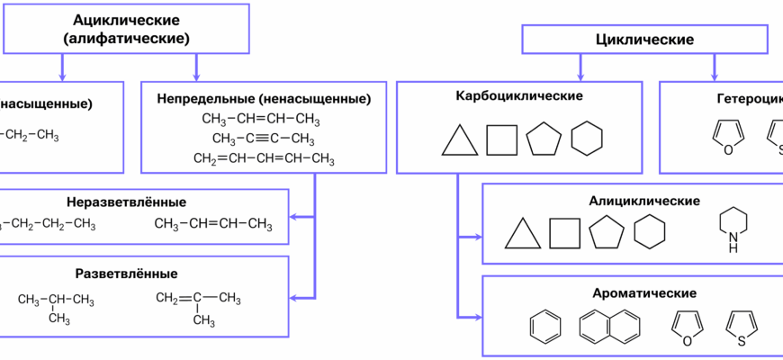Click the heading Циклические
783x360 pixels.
[644, 40]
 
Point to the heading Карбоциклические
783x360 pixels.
[519, 95]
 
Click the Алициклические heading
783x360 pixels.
[643, 200]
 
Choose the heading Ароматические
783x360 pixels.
[644, 293]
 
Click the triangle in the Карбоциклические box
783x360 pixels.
[459, 141]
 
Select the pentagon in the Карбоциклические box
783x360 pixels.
[544, 139]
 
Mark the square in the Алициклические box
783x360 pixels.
[564, 233]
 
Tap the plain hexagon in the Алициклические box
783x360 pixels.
[649, 233]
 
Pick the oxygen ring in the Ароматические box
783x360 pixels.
[686, 327]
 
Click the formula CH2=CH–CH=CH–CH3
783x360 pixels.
[264, 158]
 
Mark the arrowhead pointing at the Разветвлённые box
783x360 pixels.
[294, 297]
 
